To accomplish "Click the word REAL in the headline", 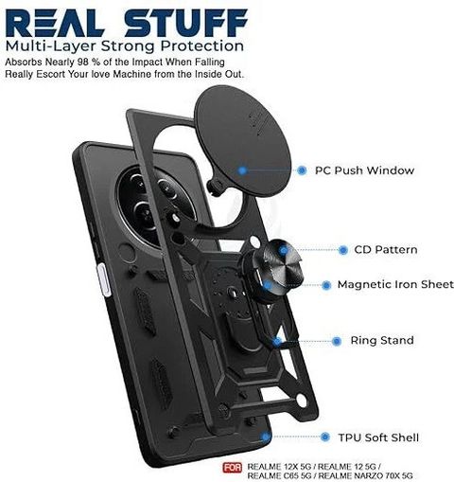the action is point(55,23).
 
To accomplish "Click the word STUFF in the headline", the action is point(186,23).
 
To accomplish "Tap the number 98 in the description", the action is point(83,62).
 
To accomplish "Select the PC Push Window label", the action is point(364,170).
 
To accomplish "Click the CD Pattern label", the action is point(386,250).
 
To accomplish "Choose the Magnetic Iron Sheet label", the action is point(395,284).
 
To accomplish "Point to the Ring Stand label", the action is point(382,340).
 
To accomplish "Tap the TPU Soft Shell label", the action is point(378,437).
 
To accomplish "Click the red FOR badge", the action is point(233,468).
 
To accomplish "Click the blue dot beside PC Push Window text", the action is point(302,170).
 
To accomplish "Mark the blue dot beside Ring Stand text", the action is point(337,341).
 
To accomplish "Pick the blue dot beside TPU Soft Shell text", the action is point(325,437).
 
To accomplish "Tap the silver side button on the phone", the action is point(104,280).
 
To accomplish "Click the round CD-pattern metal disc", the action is point(281,264).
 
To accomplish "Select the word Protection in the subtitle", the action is point(202,46).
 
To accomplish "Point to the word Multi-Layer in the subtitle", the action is point(51,46).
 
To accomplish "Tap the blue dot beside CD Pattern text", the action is point(343,250).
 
